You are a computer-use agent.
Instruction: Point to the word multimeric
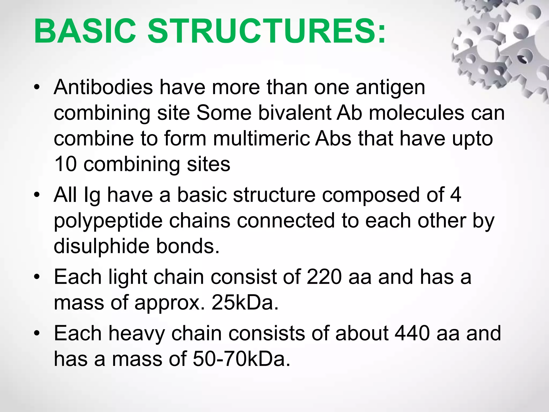[261, 138]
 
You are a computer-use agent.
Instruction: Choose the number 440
[413, 333]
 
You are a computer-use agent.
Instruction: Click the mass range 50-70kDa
[242, 359]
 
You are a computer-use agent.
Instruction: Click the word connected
[286, 221]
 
